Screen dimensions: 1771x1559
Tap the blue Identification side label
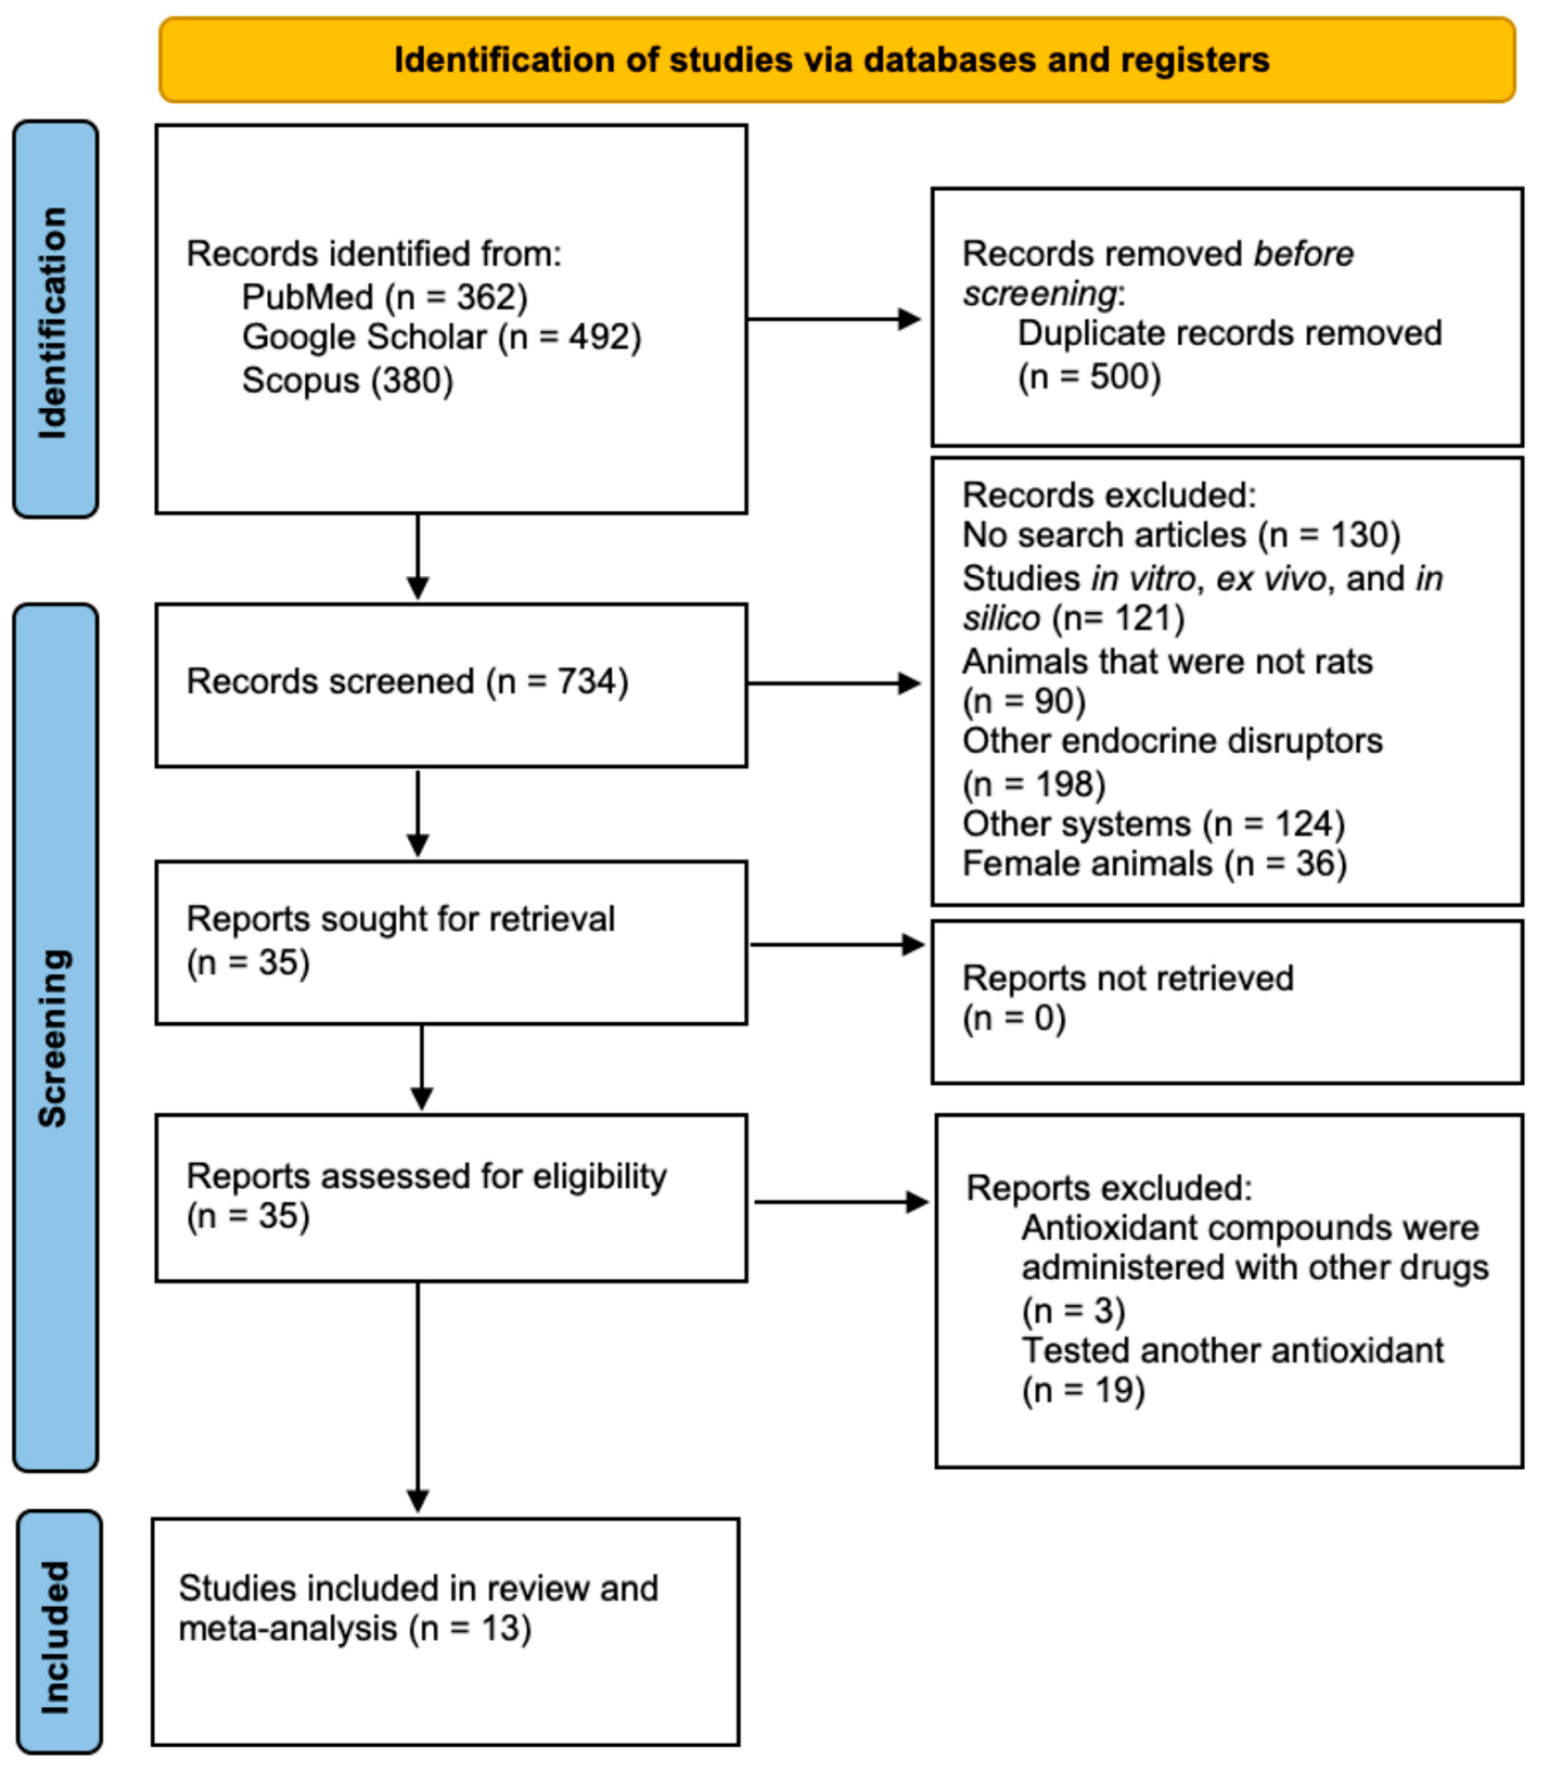pyautogui.click(x=55, y=320)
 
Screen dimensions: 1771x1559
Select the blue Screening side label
pyautogui.click(x=55, y=1037)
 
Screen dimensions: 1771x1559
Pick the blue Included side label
pyautogui.click(x=58, y=1637)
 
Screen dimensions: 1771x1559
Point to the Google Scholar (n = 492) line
pyautogui.click(x=441, y=337)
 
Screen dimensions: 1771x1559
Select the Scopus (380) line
pyautogui.click(x=348, y=380)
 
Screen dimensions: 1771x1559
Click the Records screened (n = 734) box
pyautogui.click(x=451, y=684)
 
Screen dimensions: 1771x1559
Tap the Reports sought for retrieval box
pyautogui.click(x=451, y=942)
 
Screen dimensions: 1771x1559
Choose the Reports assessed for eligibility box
pyautogui.click(x=451, y=1197)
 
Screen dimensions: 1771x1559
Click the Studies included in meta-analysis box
pyautogui.click(x=445, y=1632)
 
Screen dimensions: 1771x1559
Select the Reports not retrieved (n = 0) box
pyautogui.click(x=1226, y=1001)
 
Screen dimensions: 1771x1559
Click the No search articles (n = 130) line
pyautogui.click(x=1181, y=535)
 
